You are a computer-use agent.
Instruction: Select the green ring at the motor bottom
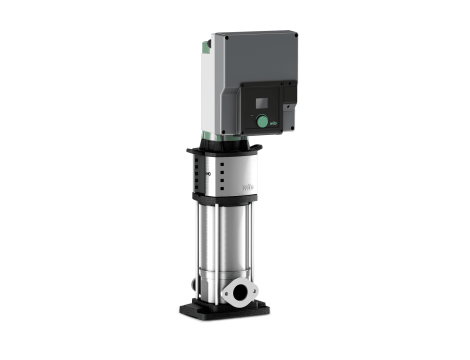[x=215, y=134]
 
